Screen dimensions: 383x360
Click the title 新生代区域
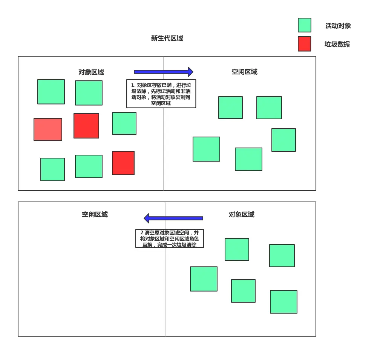coord(167,38)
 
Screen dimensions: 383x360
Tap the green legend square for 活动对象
coord(304,25)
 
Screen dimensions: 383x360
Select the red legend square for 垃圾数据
coord(304,44)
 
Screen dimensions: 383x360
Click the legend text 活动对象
coord(338,26)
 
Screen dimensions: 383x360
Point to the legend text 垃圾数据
coord(337,44)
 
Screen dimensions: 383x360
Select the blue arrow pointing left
coord(173,218)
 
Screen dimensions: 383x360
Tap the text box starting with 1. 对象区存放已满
coord(161,94)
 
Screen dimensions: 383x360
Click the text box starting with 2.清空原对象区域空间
coord(169,238)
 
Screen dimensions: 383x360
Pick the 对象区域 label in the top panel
coord(91,72)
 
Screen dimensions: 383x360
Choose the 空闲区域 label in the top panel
coord(244,72)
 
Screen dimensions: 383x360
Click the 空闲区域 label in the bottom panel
coord(95,214)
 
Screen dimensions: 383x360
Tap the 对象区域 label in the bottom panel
coord(241,214)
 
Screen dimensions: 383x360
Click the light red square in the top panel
coord(48,129)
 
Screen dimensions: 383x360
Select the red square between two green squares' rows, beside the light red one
coord(86,126)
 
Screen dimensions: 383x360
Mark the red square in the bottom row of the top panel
coord(123,163)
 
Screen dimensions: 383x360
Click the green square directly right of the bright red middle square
coord(124,123)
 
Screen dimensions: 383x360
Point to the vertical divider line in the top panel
coord(164,151)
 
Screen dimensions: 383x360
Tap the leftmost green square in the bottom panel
coord(204,279)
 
